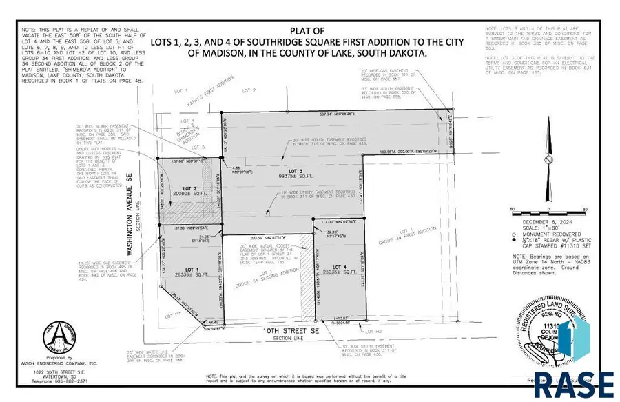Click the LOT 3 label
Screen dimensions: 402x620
click(296, 170)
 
